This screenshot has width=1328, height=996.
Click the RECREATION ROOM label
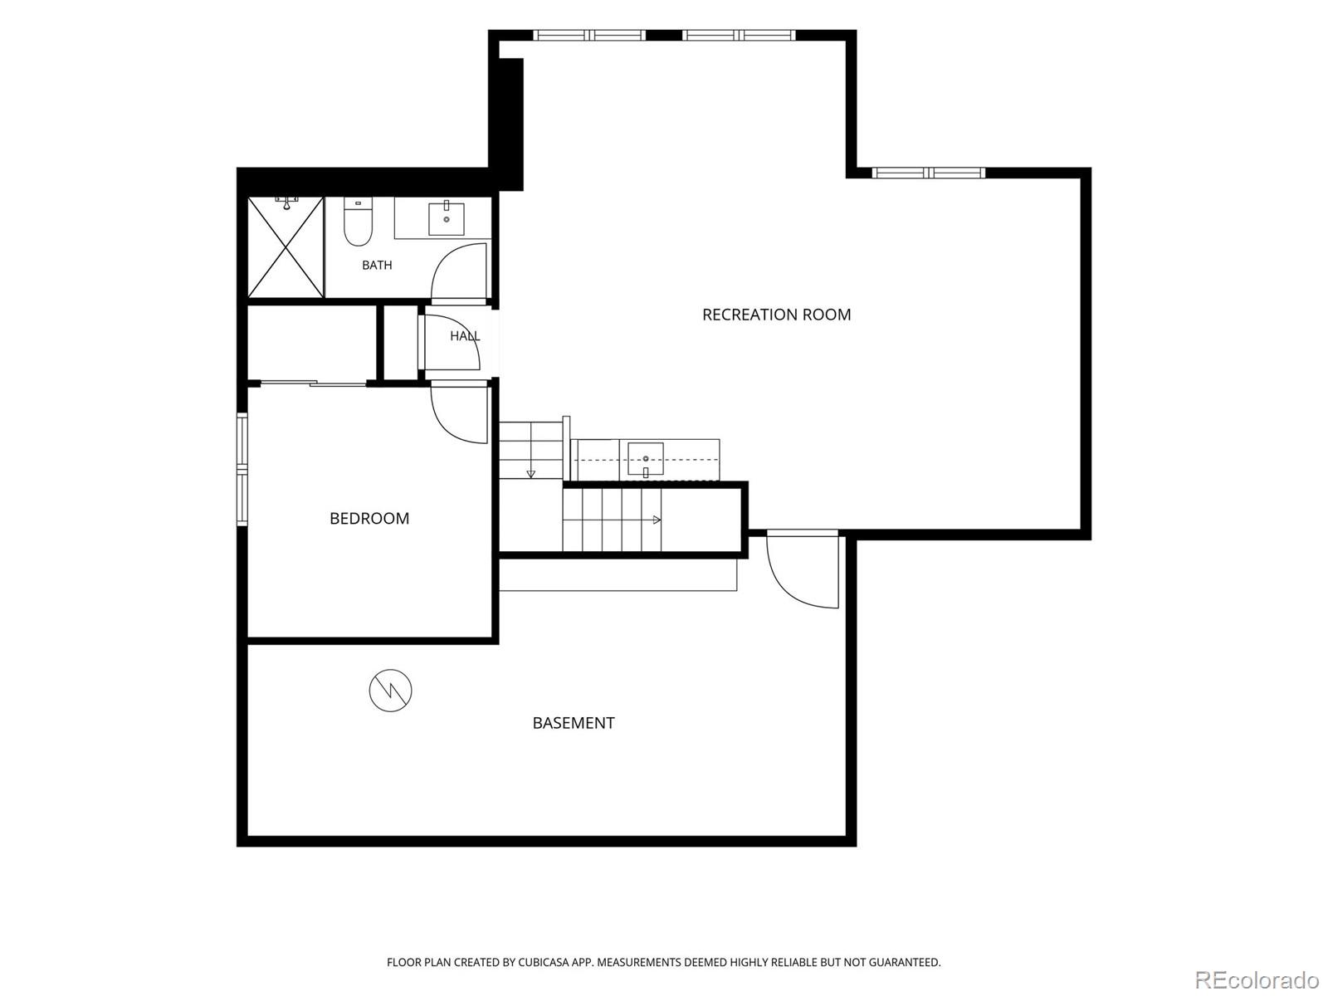coord(776,315)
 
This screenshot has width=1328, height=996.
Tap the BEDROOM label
coord(369,518)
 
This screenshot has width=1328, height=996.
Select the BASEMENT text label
coord(573,723)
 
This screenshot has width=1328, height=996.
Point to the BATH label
coord(377,265)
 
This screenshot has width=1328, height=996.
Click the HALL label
coord(465,335)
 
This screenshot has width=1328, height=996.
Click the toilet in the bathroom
coord(357,222)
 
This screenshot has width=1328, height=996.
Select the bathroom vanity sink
coord(447,218)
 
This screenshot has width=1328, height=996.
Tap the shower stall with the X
coord(286,247)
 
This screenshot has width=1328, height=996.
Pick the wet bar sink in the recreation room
coord(646,459)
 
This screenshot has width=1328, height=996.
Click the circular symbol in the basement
coord(390,690)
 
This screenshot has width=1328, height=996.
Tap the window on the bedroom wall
coord(242,469)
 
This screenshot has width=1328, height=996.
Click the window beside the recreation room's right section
coord(928,173)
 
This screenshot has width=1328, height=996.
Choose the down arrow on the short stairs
coord(530,473)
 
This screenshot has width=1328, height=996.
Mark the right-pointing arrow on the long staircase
coord(657,520)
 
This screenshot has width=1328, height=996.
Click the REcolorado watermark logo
coord(1257,979)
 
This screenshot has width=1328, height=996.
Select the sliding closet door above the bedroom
coord(314,382)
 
